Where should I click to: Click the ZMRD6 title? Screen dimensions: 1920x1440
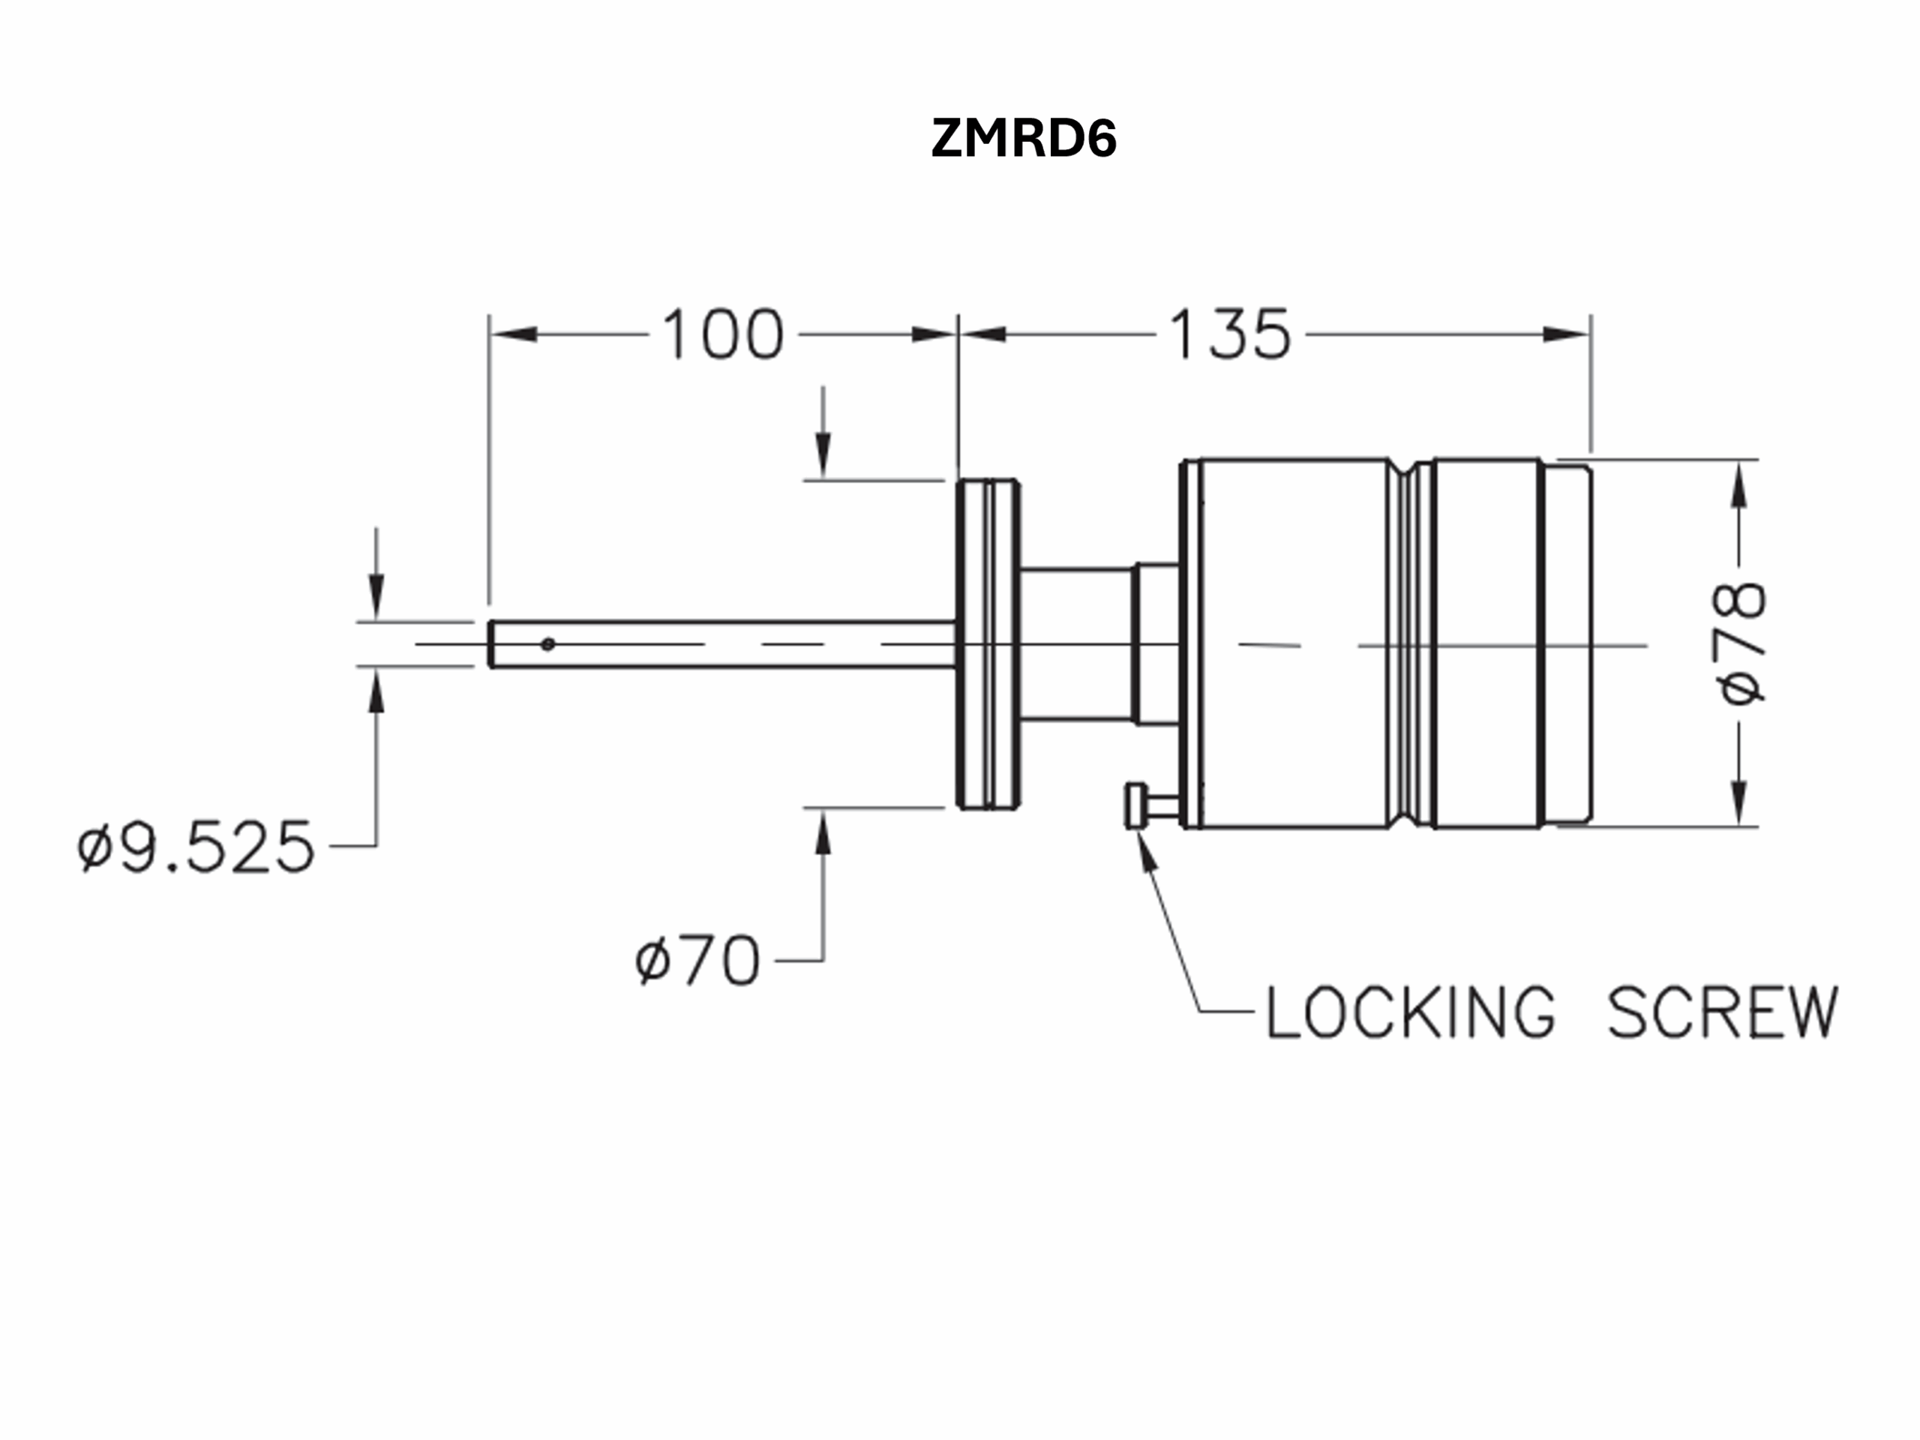point(1023,138)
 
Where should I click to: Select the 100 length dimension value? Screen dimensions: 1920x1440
point(723,334)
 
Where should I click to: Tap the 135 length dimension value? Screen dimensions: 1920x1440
point(1230,334)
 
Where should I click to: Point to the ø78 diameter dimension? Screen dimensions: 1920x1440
point(1739,642)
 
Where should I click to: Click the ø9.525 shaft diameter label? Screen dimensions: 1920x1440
point(196,846)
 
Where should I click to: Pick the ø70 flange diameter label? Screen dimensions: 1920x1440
point(697,961)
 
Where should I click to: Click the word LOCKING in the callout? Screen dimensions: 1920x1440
point(1411,1012)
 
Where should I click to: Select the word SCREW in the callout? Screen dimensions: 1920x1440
point(1722,1012)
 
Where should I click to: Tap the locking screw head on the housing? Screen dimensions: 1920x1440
point(1133,806)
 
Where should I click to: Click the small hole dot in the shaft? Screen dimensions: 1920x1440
point(547,644)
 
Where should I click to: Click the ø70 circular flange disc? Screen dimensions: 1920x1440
point(988,644)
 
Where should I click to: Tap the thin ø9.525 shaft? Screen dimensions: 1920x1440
point(722,644)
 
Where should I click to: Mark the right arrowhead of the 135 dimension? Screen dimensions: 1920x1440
point(1567,334)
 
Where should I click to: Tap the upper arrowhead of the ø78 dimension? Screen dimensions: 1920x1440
point(1738,484)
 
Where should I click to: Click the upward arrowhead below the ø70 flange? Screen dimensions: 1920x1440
point(823,832)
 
